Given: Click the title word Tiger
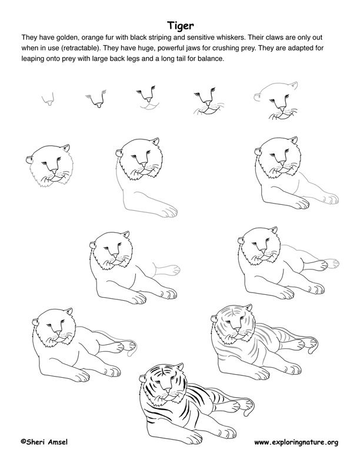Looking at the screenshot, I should point(179,25).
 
